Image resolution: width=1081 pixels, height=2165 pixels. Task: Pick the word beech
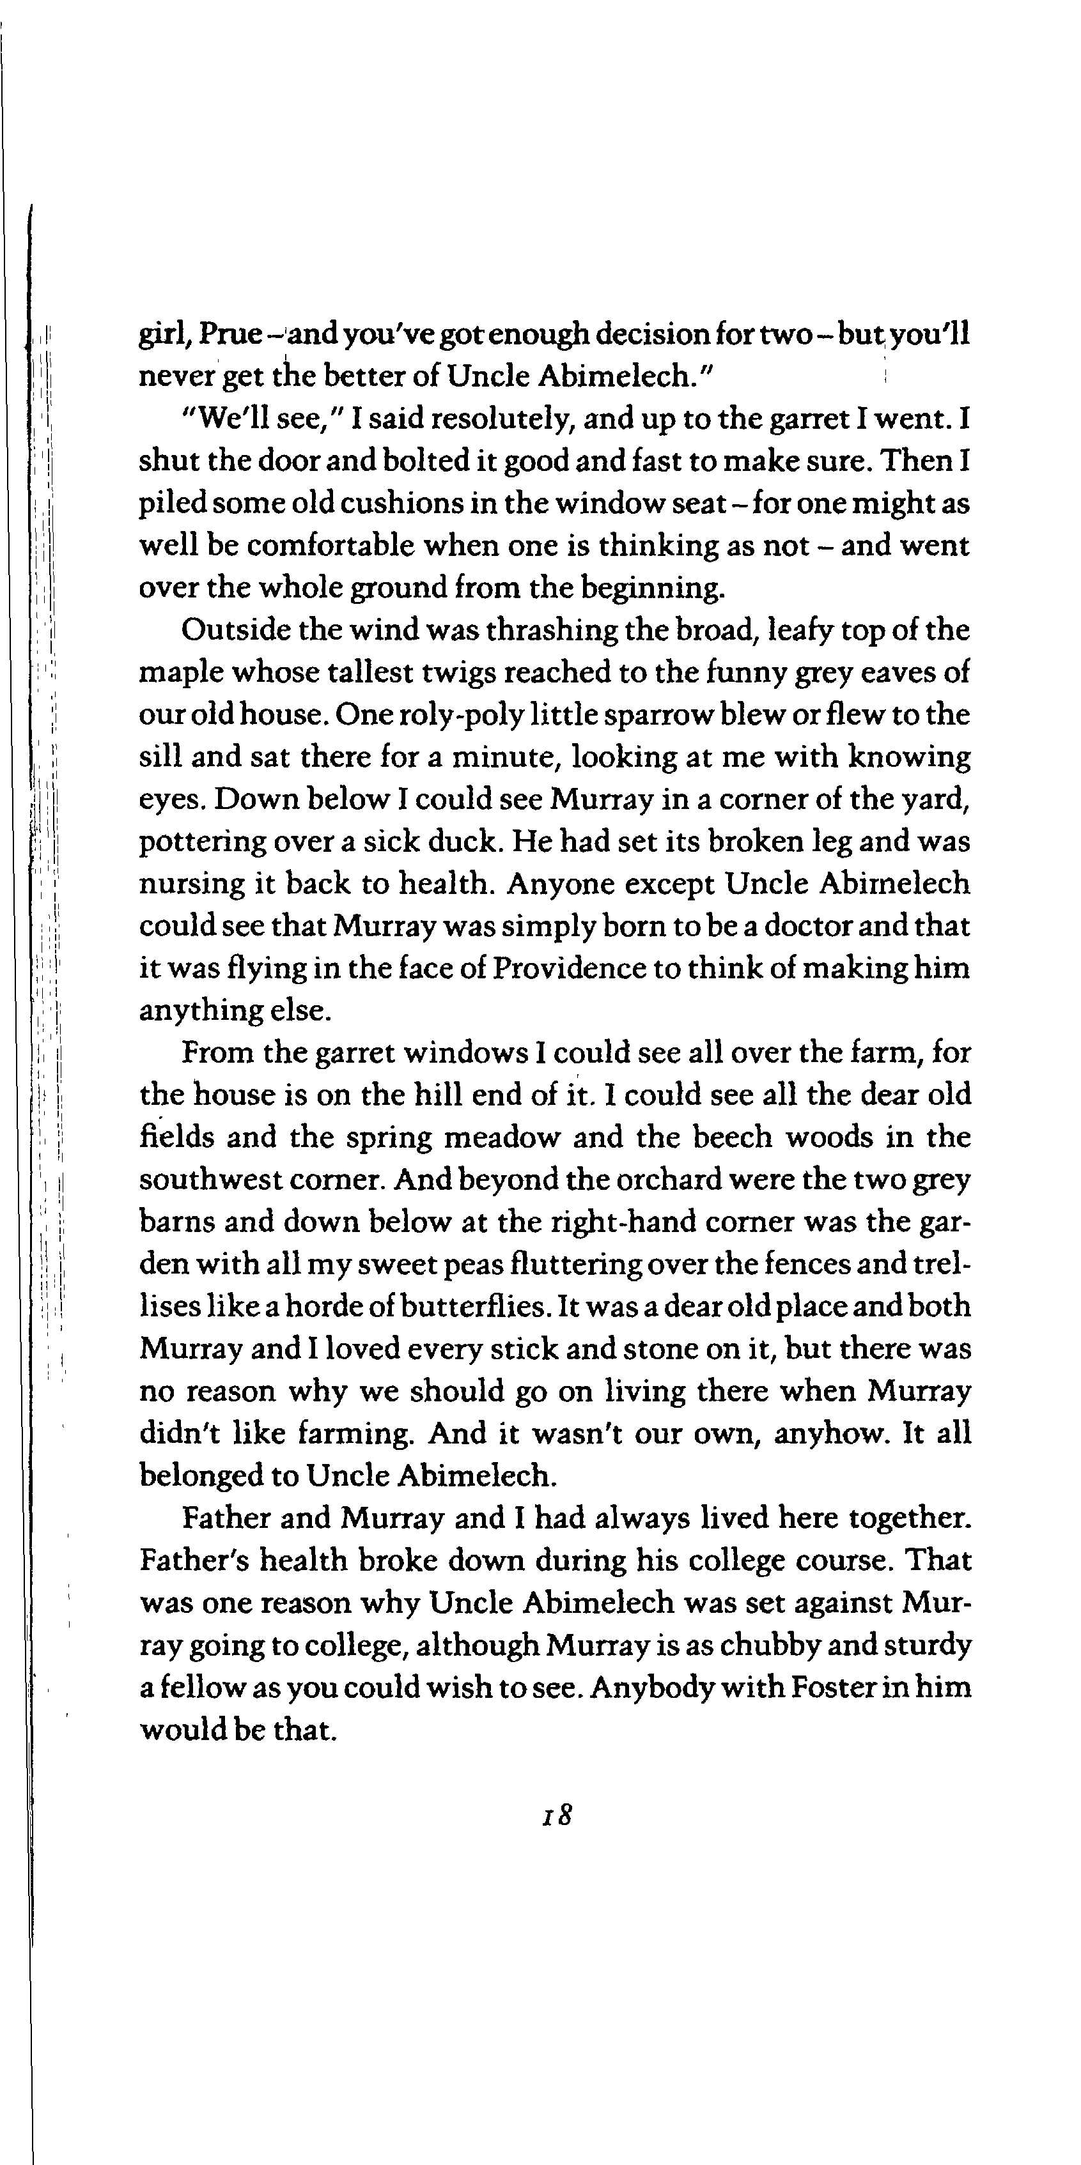click(732, 1137)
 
